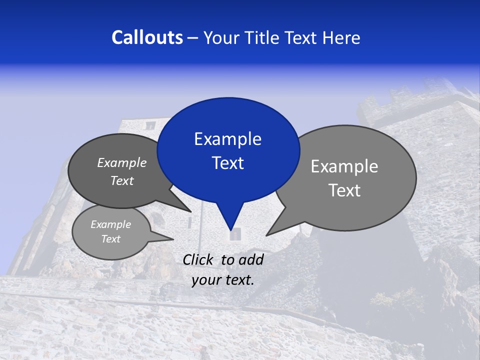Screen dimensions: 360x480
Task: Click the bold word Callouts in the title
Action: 147,37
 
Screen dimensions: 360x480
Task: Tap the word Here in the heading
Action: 342,37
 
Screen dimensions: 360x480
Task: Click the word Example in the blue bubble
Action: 227,139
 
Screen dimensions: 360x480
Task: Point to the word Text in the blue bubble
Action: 227,163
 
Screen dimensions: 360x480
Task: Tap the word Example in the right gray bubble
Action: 344,166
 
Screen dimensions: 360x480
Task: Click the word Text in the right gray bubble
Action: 344,190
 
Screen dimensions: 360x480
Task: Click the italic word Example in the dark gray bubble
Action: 122,163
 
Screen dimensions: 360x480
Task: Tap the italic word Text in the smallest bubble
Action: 111,239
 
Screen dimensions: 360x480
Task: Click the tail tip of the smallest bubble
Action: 171,238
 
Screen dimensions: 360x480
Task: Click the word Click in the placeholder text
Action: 199,259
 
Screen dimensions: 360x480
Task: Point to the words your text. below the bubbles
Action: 222,280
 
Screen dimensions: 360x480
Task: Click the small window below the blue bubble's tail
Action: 235,234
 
